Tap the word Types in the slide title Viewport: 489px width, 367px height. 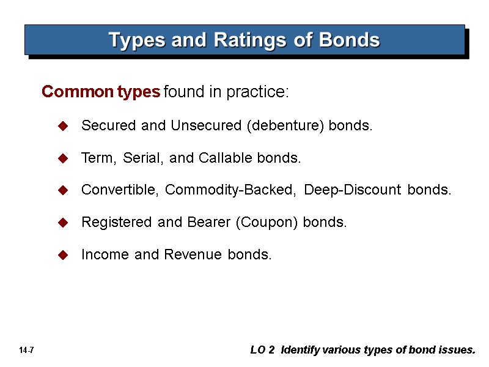point(136,40)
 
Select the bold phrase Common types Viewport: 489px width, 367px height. point(101,92)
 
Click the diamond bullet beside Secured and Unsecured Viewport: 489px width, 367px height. point(62,126)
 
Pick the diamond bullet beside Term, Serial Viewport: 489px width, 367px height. point(62,158)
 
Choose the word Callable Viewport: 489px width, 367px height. point(225,158)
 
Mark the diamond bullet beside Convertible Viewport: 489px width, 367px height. point(62,191)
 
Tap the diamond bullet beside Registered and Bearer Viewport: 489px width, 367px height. point(62,223)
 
